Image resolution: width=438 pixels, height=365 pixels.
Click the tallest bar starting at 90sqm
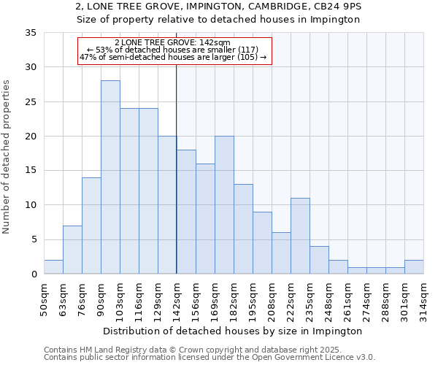pos(110,177)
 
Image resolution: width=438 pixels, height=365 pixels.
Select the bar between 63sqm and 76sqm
pos(72,250)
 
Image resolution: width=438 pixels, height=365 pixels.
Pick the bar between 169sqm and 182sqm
pos(224,205)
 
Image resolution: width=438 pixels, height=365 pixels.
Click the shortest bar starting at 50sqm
pos(53,267)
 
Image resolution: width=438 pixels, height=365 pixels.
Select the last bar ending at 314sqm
pos(414,267)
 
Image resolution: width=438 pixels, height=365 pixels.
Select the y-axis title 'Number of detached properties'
pos(7,157)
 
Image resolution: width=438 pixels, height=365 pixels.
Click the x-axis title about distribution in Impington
pos(233,331)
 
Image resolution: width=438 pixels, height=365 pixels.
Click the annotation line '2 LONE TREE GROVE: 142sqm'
pos(173,42)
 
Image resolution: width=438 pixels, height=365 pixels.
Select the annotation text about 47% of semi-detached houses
pos(173,57)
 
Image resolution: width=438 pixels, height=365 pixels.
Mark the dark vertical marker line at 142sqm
pos(177,182)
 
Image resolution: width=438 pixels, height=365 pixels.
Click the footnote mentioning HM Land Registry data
pos(209,350)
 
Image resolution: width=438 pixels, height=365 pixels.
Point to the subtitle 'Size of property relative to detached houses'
pos(219,20)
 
